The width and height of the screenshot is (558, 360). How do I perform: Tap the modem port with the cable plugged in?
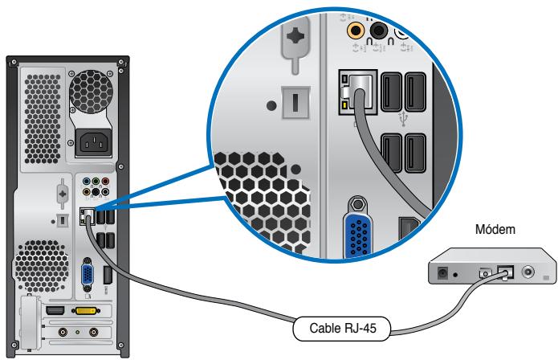click(505, 272)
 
